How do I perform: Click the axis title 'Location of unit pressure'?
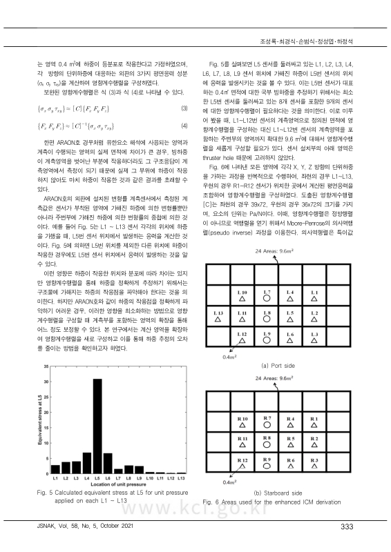coord(118,484)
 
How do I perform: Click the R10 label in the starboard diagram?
coord(242,419)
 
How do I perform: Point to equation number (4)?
coord(183,126)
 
